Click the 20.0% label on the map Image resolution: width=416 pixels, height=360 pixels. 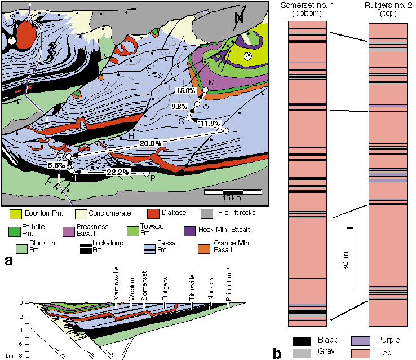click(x=152, y=143)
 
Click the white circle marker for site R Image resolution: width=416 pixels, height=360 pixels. click(x=227, y=131)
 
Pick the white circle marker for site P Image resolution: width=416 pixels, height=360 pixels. click(x=147, y=174)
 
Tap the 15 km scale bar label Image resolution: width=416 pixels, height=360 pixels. click(x=232, y=199)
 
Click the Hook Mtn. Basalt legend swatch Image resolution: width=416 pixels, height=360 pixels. click(x=205, y=231)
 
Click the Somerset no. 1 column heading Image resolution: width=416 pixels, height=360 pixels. click(x=306, y=9)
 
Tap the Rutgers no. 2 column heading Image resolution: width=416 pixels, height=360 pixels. click(x=387, y=9)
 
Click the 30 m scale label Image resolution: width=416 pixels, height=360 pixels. click(x=346, y=260)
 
